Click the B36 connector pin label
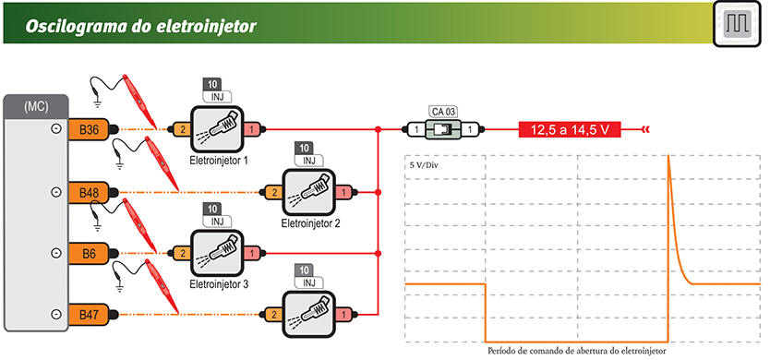pyautogui.click(x=89, y=129)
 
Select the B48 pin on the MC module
pyautogui.click(x=89, y=192)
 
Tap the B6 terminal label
pyautogui.click(x=89, y=254)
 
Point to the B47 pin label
pyautogui.click(x=89, y=315)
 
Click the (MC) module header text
pyautogui.click(x=36, y=107)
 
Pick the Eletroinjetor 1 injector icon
pyautogui.click(x=217, y=129)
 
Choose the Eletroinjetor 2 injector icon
pyautogui.click(x=309, y=192)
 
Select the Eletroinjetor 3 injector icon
pyautogui.click(x=217, y=254)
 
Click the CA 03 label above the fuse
pyautogui.click(x=443, y=112)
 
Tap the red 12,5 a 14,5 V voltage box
pyautogui.click(x=571, y=130)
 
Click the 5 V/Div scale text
pyautogui.click(x=424, y=165)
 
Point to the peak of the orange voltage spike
pyautogui.click(x=668, y=156)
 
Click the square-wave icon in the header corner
pyautogui.click(x=737, y=24)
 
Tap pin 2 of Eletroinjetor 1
pyautogui.click(x=182, y=129)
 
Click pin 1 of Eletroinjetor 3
pyautogui.click(x=252, y=254)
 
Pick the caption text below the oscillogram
pyautogui.click(x=577, y=351)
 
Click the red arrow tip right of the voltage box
pyautogui.click(x=643, y=130)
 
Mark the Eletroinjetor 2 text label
pyautogui.click(x=310, y=224)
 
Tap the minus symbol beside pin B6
pyautogui.click(x=57, y=253)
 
